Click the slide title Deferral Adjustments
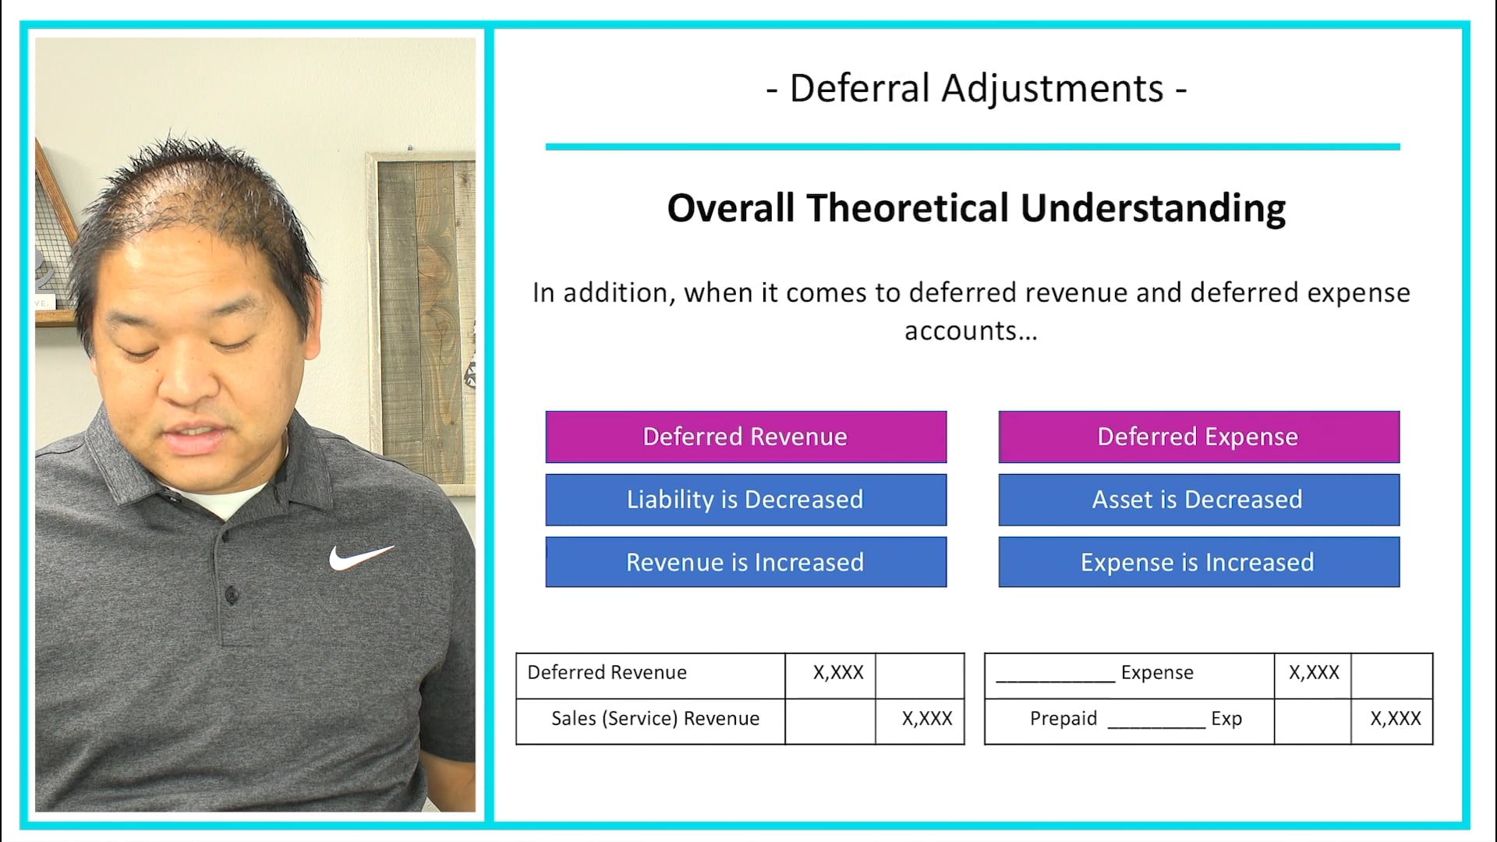click(976, 88)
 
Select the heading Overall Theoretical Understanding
click(976, 208)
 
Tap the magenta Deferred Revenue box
click(745, 437)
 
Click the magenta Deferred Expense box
click(1198, 437)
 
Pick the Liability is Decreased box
click(745, 500)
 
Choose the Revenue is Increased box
click(745, 562)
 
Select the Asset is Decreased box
click(1198, 500)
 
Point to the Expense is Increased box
click(1198, 562)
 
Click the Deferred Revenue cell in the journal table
click(607, 673)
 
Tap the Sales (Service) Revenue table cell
click(655, 719)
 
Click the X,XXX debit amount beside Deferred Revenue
click(838, 673)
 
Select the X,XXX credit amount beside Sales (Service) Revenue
click(927, 719)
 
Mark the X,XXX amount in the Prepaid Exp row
click(1396, 719)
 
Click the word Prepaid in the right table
click(1063, 719)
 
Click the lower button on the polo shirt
click(231, 596)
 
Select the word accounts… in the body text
click(971, 331)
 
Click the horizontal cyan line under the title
click(972, 147)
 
